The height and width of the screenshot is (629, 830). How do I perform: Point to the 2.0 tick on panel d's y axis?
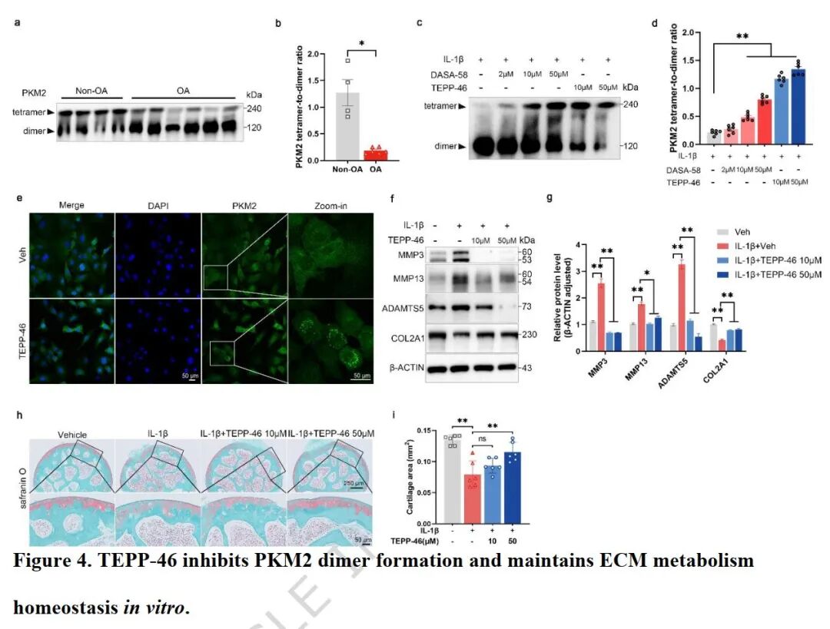pos(689,33)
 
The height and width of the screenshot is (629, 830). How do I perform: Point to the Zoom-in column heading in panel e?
pos(331,205)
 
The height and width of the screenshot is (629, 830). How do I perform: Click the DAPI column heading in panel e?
pos(158,205)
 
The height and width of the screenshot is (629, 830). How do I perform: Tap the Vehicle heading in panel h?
pos(70,434)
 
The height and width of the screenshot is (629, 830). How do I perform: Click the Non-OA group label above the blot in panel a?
pos(89,91)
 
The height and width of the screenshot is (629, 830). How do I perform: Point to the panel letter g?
pos(548,197)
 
